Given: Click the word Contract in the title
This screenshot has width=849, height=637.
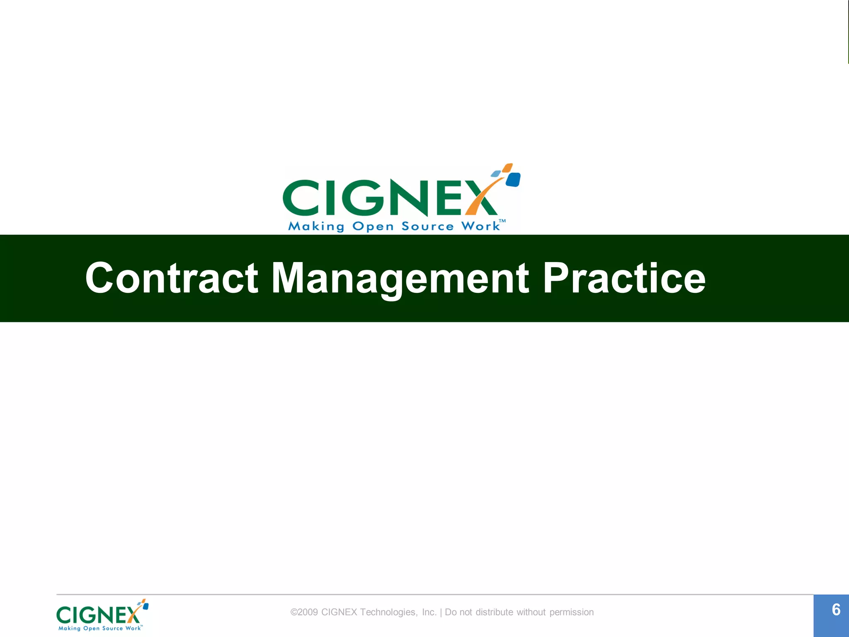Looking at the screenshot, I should [172, 278].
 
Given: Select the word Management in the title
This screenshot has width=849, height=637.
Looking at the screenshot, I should [400, 279].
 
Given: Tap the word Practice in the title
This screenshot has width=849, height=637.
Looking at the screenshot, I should [624, 278].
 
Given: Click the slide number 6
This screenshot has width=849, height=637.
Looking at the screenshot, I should [836, 610].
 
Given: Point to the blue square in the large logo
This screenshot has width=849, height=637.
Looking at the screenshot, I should [513, 180].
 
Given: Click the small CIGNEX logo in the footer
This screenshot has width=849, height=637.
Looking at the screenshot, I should [102, 615].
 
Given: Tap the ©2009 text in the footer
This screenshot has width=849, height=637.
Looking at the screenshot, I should [304, 612].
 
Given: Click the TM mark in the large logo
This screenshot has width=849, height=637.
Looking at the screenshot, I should [502, 221].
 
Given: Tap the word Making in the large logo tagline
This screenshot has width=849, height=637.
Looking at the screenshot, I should [316, 226].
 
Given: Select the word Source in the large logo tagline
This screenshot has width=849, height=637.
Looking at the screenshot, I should [427, 226].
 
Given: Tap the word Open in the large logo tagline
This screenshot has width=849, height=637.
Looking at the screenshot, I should [373, 227].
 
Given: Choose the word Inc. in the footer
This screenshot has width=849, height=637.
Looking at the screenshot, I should [429, 612].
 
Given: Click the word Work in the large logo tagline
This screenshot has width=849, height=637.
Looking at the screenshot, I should [481, 226].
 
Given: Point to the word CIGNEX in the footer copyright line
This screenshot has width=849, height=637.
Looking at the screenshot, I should [339, 612].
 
